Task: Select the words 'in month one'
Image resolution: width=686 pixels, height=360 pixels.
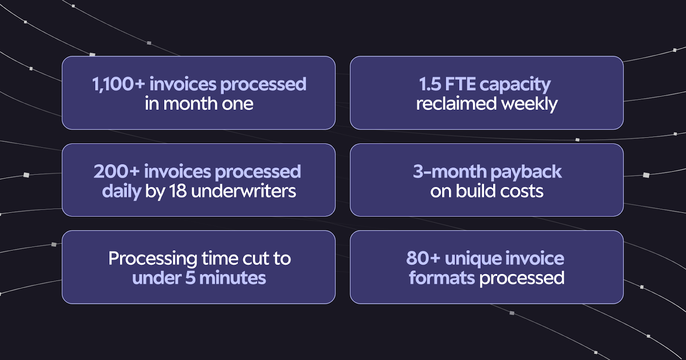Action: pyautogui.click(x=199, y=104)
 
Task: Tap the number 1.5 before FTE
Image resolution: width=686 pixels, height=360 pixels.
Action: pyautogui.click(x=430, y=84)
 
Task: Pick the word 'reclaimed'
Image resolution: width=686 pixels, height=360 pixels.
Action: pyautogui.click(x=456, y=104)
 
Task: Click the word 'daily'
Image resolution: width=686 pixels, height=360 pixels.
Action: pyautogui.click(x=121, y=192)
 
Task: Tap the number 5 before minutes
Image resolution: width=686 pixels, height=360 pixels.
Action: pyautogui.click(x=190, y=278)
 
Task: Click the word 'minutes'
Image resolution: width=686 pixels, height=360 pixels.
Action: pyautogui.click(x=232, y=278)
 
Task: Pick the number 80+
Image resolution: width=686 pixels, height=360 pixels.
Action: pyautogui.click(x=423, y=259)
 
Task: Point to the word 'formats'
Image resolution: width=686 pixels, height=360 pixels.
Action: pyautogui.click(x=442, y=278)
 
